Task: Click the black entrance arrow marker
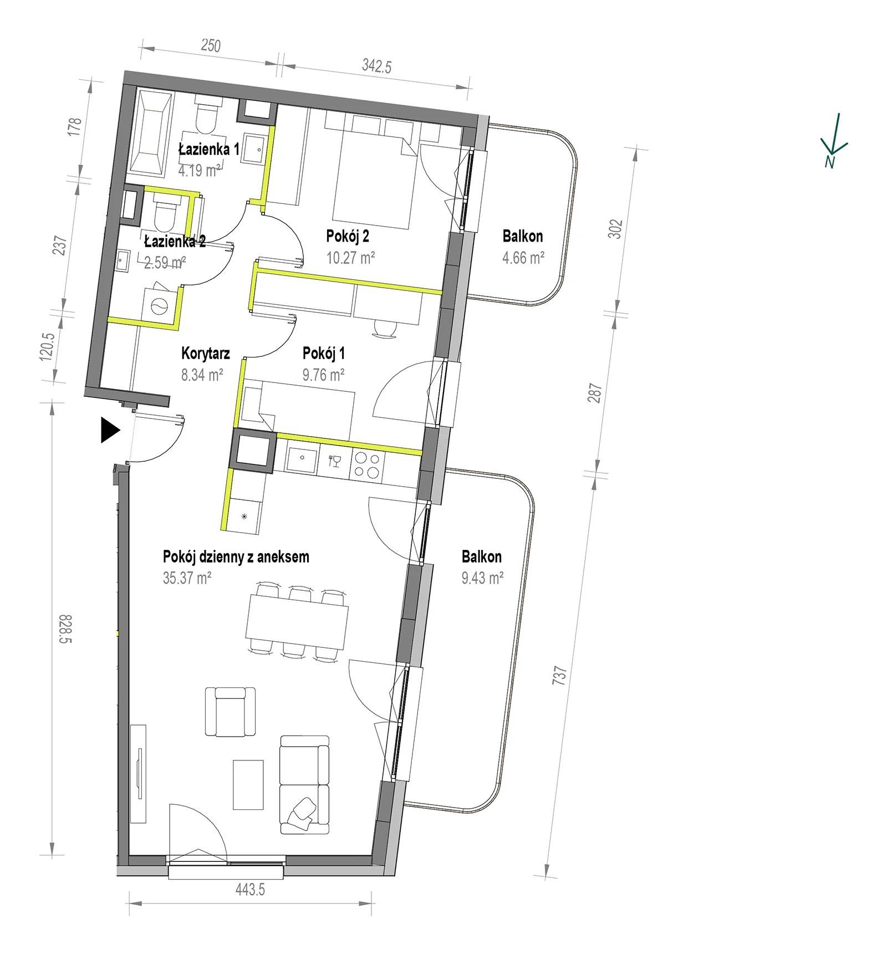coord(110,431)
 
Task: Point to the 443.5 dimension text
coord(251,890)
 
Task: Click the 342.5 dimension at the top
coord(377,67)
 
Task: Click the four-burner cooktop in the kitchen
coord(367,464)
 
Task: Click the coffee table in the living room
coord(248,784)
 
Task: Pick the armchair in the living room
coord(230,712)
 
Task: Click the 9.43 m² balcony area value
coord(482,578)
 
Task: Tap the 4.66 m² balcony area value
coord(523,258)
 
